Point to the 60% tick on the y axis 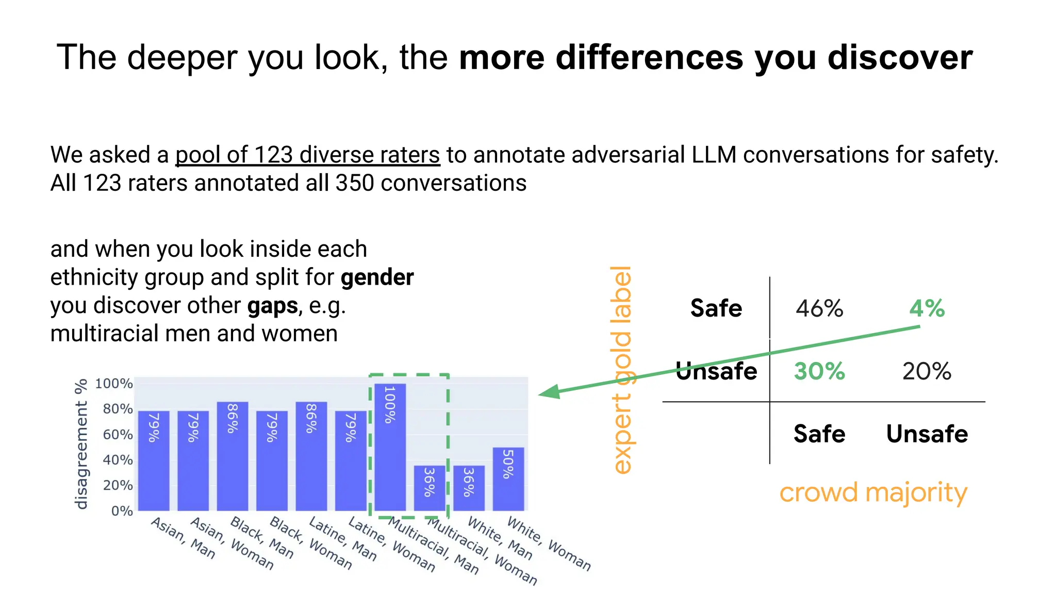tap(118, 435)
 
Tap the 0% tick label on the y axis tap(122, 511)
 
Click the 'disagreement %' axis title tap(81, 444)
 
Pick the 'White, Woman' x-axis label tap(549, 543)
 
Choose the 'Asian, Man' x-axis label tap(183, 538)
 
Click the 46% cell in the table tap(819, 308)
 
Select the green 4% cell tap(927, 308)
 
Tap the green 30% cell tap(819, 371)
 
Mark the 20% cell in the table tap(927, 371)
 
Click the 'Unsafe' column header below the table tap(927, 434)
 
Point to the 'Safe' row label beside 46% tap(716, 308)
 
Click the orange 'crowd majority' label tap(873, 492)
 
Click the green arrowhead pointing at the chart tap(550, 392)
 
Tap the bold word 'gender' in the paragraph tap(377, 277)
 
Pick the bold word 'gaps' tap(272, 306)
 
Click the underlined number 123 tap(273, 155)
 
